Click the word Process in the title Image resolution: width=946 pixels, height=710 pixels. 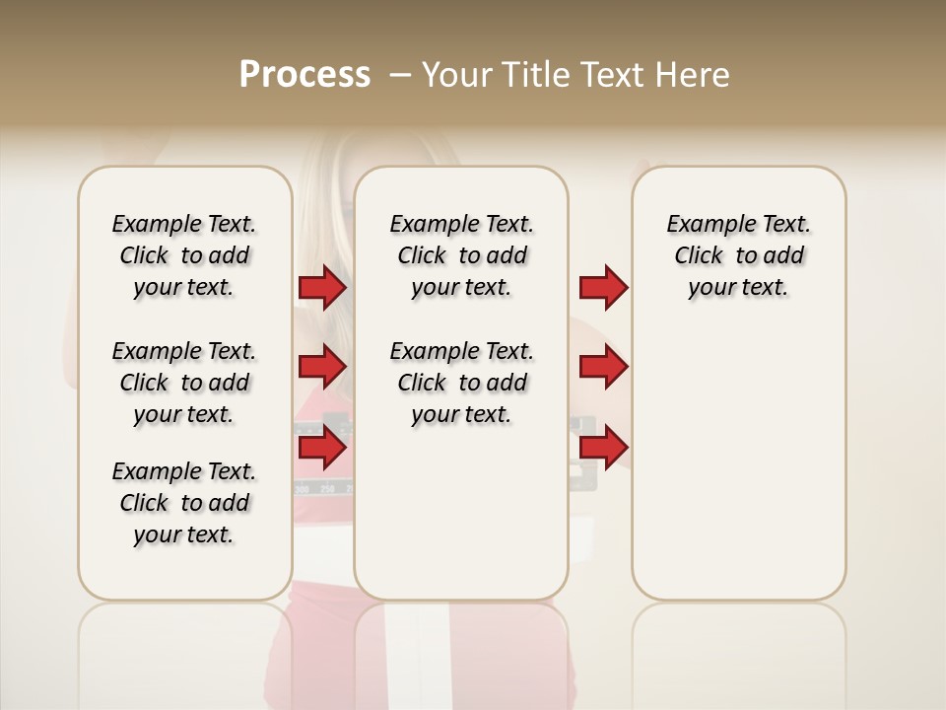click(304, 75)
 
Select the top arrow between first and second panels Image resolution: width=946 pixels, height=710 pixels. click(322, 288)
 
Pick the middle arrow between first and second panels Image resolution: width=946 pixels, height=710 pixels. click(322, 367)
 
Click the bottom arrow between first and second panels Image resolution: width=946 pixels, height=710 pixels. click(322, 448)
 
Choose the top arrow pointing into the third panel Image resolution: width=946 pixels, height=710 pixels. click(603, 288)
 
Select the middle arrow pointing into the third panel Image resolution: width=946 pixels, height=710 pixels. click(603, 367)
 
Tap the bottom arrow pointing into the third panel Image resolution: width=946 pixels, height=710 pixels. click(603, 446)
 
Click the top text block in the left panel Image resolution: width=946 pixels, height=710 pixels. click(184, 255)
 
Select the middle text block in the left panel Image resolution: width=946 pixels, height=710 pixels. click(184, 383)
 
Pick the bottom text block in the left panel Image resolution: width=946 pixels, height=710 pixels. click(184, 503)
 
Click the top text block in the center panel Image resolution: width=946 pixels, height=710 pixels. click(461, 255)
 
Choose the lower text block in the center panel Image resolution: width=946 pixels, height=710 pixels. click(461, 383)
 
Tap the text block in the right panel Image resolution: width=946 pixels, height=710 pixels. click(738, 255)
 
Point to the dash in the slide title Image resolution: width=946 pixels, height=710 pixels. click(400, 75)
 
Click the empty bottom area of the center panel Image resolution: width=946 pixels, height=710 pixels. click(461, 523)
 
